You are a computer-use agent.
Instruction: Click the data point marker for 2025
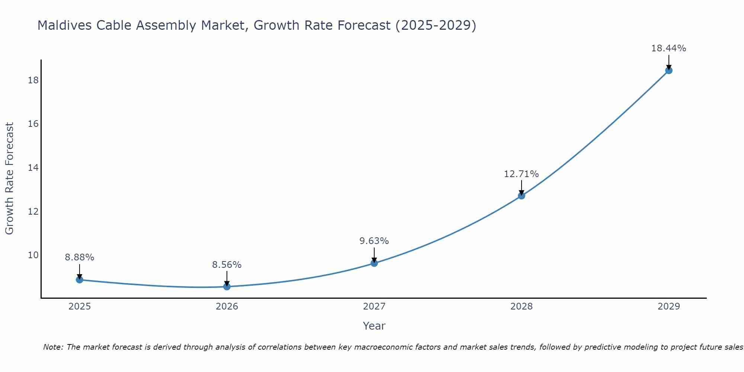(x=80, y=280)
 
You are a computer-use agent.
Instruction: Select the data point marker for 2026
(x=227, y=286)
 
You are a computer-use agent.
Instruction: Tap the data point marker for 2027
(x=374, y=263)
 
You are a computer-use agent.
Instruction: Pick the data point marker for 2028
(x=522, y=196)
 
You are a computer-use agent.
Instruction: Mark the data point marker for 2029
(x=669, y=70)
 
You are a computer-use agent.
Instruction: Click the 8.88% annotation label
(x=80, y=257)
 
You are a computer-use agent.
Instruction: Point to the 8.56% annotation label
(x=227, y=265)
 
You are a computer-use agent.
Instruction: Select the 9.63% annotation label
(x=374, y=241)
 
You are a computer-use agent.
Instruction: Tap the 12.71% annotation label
(x=522, y=174)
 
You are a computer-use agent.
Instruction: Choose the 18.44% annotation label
(x=669, y=48)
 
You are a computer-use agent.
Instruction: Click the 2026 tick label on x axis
(x=227, y=307)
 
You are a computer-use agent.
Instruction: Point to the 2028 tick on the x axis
(x=522, y=307)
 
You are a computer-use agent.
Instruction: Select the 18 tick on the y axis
(x=33, y=80)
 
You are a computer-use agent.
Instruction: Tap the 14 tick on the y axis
(x=33, y=167)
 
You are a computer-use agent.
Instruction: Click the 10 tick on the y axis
(x=33, y=255)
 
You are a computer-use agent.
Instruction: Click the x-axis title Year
(x=374, y=326)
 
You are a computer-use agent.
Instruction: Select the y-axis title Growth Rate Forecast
(x=9, y=179)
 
